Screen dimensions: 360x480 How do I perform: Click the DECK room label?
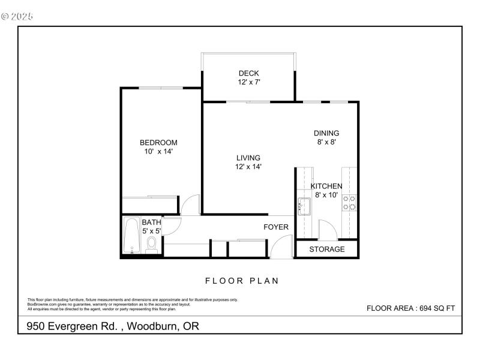(248, 73)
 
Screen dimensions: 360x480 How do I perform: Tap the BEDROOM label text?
(158, 142)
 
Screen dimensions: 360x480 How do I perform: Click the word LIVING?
(248, 158)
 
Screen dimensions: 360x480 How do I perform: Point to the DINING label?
(326, 133)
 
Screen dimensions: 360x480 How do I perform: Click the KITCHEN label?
(326, 186)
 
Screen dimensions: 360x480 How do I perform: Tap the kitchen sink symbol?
(303, 206)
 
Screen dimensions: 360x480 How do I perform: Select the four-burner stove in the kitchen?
(349, 203)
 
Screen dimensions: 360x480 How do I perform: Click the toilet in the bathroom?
(151, 244)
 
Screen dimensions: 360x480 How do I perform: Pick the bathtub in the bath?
(131, 236)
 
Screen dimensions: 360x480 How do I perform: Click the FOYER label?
(276, 227)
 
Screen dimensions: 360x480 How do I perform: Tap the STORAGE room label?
(327, 249)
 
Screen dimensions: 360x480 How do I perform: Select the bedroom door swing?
(191, 206)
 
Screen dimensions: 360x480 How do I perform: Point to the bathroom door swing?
(171, 226)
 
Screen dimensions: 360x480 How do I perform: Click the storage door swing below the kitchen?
(328, 230)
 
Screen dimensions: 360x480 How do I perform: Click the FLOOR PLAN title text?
(242, 280)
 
